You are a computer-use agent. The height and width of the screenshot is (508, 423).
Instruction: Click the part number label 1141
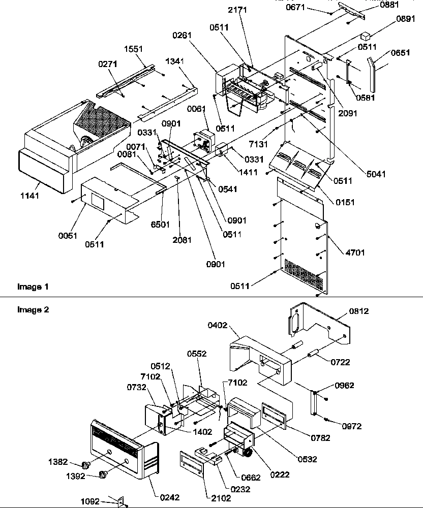point(29,195)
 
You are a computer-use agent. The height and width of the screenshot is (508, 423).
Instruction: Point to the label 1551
point(133,49)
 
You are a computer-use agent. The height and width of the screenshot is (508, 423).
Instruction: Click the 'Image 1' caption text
point(33,287)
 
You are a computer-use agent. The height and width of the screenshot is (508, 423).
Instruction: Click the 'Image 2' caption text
point(33,309)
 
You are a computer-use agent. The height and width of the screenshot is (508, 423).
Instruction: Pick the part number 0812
point(358,310)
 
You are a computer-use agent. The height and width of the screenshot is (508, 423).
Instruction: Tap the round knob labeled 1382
point(85,464)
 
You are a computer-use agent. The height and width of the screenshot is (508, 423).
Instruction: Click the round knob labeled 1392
point(104,475)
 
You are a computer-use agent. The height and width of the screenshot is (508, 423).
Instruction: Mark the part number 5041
point(376,174)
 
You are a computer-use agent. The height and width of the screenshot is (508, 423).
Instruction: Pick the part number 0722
point(341,362)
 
